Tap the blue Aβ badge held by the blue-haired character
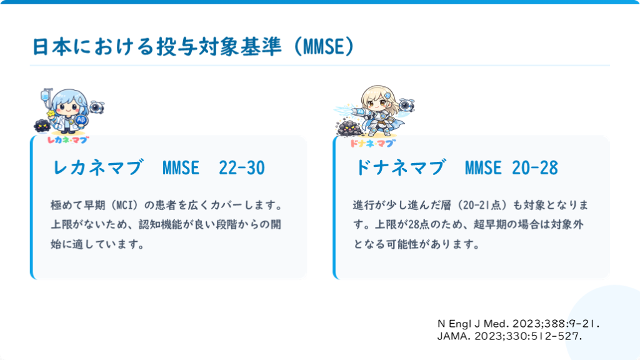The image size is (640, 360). click(x=81, y=119)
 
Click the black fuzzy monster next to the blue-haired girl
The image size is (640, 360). click(x=42, y=126)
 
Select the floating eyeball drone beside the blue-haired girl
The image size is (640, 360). click(x=96, y=107)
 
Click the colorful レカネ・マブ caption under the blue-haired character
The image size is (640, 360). click(x=67, y=140)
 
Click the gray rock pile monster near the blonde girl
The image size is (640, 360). click(x=348, y=127)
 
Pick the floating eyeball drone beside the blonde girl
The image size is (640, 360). click(x=406, y=105)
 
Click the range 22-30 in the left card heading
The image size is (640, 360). click(x=242, y=167)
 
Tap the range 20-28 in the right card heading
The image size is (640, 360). click(x=535, y=167)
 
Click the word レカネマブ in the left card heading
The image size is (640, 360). click(x=98, y=167)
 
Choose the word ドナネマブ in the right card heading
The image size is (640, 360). click(x=401, y=167)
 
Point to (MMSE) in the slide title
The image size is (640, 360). click(x=324, y=46)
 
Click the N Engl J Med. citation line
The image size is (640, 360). click(x=518, y=324)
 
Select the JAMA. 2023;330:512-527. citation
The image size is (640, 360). click(x=509, y=336)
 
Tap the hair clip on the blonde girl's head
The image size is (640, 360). click(x=387, y=96)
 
